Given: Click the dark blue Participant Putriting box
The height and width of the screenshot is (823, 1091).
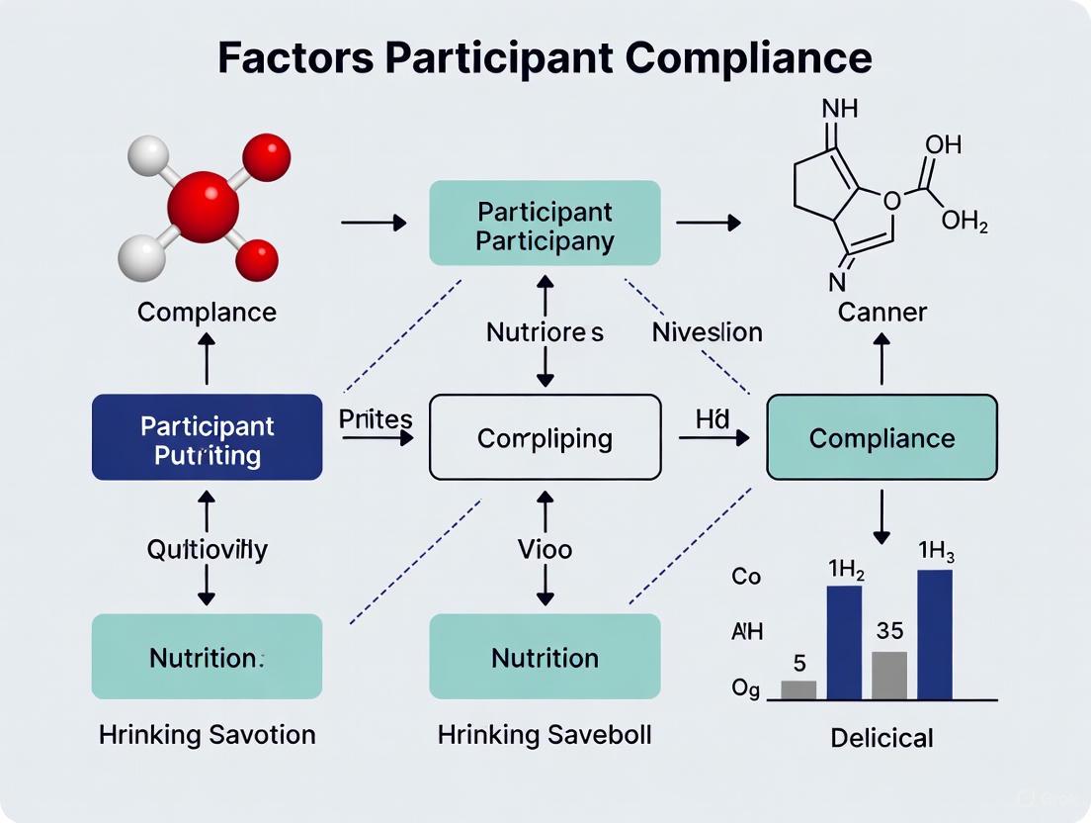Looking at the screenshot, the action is click(207, 437).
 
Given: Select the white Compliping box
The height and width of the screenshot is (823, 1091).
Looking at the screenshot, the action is click(545, 437).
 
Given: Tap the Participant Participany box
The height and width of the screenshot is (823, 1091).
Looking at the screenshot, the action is click(545, 224).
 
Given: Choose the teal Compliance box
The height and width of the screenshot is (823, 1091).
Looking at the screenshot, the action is click(881, 437).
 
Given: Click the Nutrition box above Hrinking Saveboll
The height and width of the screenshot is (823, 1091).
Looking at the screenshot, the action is click(545, 657).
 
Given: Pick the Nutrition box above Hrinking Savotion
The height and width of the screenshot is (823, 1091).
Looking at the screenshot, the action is click(207, 657).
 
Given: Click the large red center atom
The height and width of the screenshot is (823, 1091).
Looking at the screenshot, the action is click(204, 207).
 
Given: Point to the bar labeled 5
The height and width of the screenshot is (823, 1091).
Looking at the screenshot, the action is click(798, 689).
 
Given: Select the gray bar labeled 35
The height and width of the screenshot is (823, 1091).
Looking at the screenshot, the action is click(889, 675).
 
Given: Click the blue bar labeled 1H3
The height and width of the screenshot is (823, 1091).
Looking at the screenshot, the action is click(935, 634).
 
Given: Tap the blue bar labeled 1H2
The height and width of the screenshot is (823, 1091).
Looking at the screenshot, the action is click(844, 642).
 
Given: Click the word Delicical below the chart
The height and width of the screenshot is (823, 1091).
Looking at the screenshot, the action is click(881, 737).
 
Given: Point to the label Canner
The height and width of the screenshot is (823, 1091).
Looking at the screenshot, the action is click(881, 313).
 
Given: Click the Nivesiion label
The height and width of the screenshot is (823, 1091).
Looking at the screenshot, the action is click(707, 332).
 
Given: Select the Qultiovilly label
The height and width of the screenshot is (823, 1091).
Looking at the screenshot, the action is click(207, 549).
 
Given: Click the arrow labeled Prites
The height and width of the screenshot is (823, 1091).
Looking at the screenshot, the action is click(377, 436).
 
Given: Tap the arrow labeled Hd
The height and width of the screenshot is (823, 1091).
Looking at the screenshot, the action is click(713, 436).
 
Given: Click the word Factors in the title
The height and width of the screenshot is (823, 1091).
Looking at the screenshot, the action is click(294, 58).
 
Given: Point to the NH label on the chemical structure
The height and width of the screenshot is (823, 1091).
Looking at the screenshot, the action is click(840, 107).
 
